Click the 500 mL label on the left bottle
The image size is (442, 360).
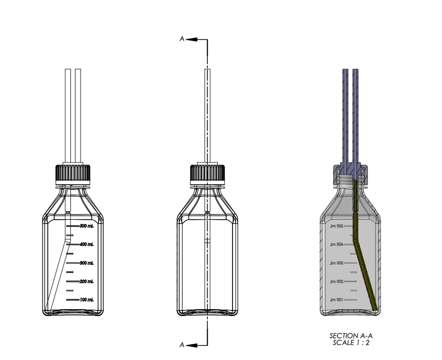click(87, 226)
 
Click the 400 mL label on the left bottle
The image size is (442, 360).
click(87, 244)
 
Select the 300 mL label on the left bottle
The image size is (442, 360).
click(87, 263)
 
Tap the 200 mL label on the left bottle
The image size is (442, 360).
click(87, 281)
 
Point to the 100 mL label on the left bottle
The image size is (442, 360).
click(87, 300)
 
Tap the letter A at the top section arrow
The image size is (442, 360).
click(182, 39)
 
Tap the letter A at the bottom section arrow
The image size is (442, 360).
click(182, 345)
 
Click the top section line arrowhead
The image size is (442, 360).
click(191, 39)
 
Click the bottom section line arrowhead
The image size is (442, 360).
click(191, 345)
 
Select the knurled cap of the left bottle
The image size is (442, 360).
click(73, 173)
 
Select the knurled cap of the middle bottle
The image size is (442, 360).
click(207, 173)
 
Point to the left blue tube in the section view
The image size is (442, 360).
click(345, 115)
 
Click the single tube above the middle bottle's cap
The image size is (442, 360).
click(207, 115)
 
